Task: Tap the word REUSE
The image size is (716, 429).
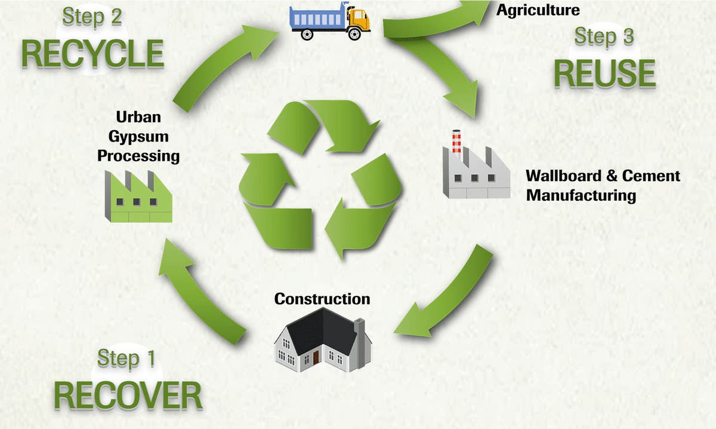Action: [604, 73]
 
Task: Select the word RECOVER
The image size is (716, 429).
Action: [128, 395]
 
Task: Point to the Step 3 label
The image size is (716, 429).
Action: [604, 36]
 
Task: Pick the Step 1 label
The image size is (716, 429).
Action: [126, 358]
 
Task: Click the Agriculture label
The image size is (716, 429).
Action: [538, 10]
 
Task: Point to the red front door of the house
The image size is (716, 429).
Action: [315, 358]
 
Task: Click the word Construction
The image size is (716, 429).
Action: [322, 298]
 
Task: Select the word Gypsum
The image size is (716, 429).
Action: [142, 136]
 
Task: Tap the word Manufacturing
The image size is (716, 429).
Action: [581, 195]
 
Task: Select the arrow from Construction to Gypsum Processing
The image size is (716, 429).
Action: [203, 287]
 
